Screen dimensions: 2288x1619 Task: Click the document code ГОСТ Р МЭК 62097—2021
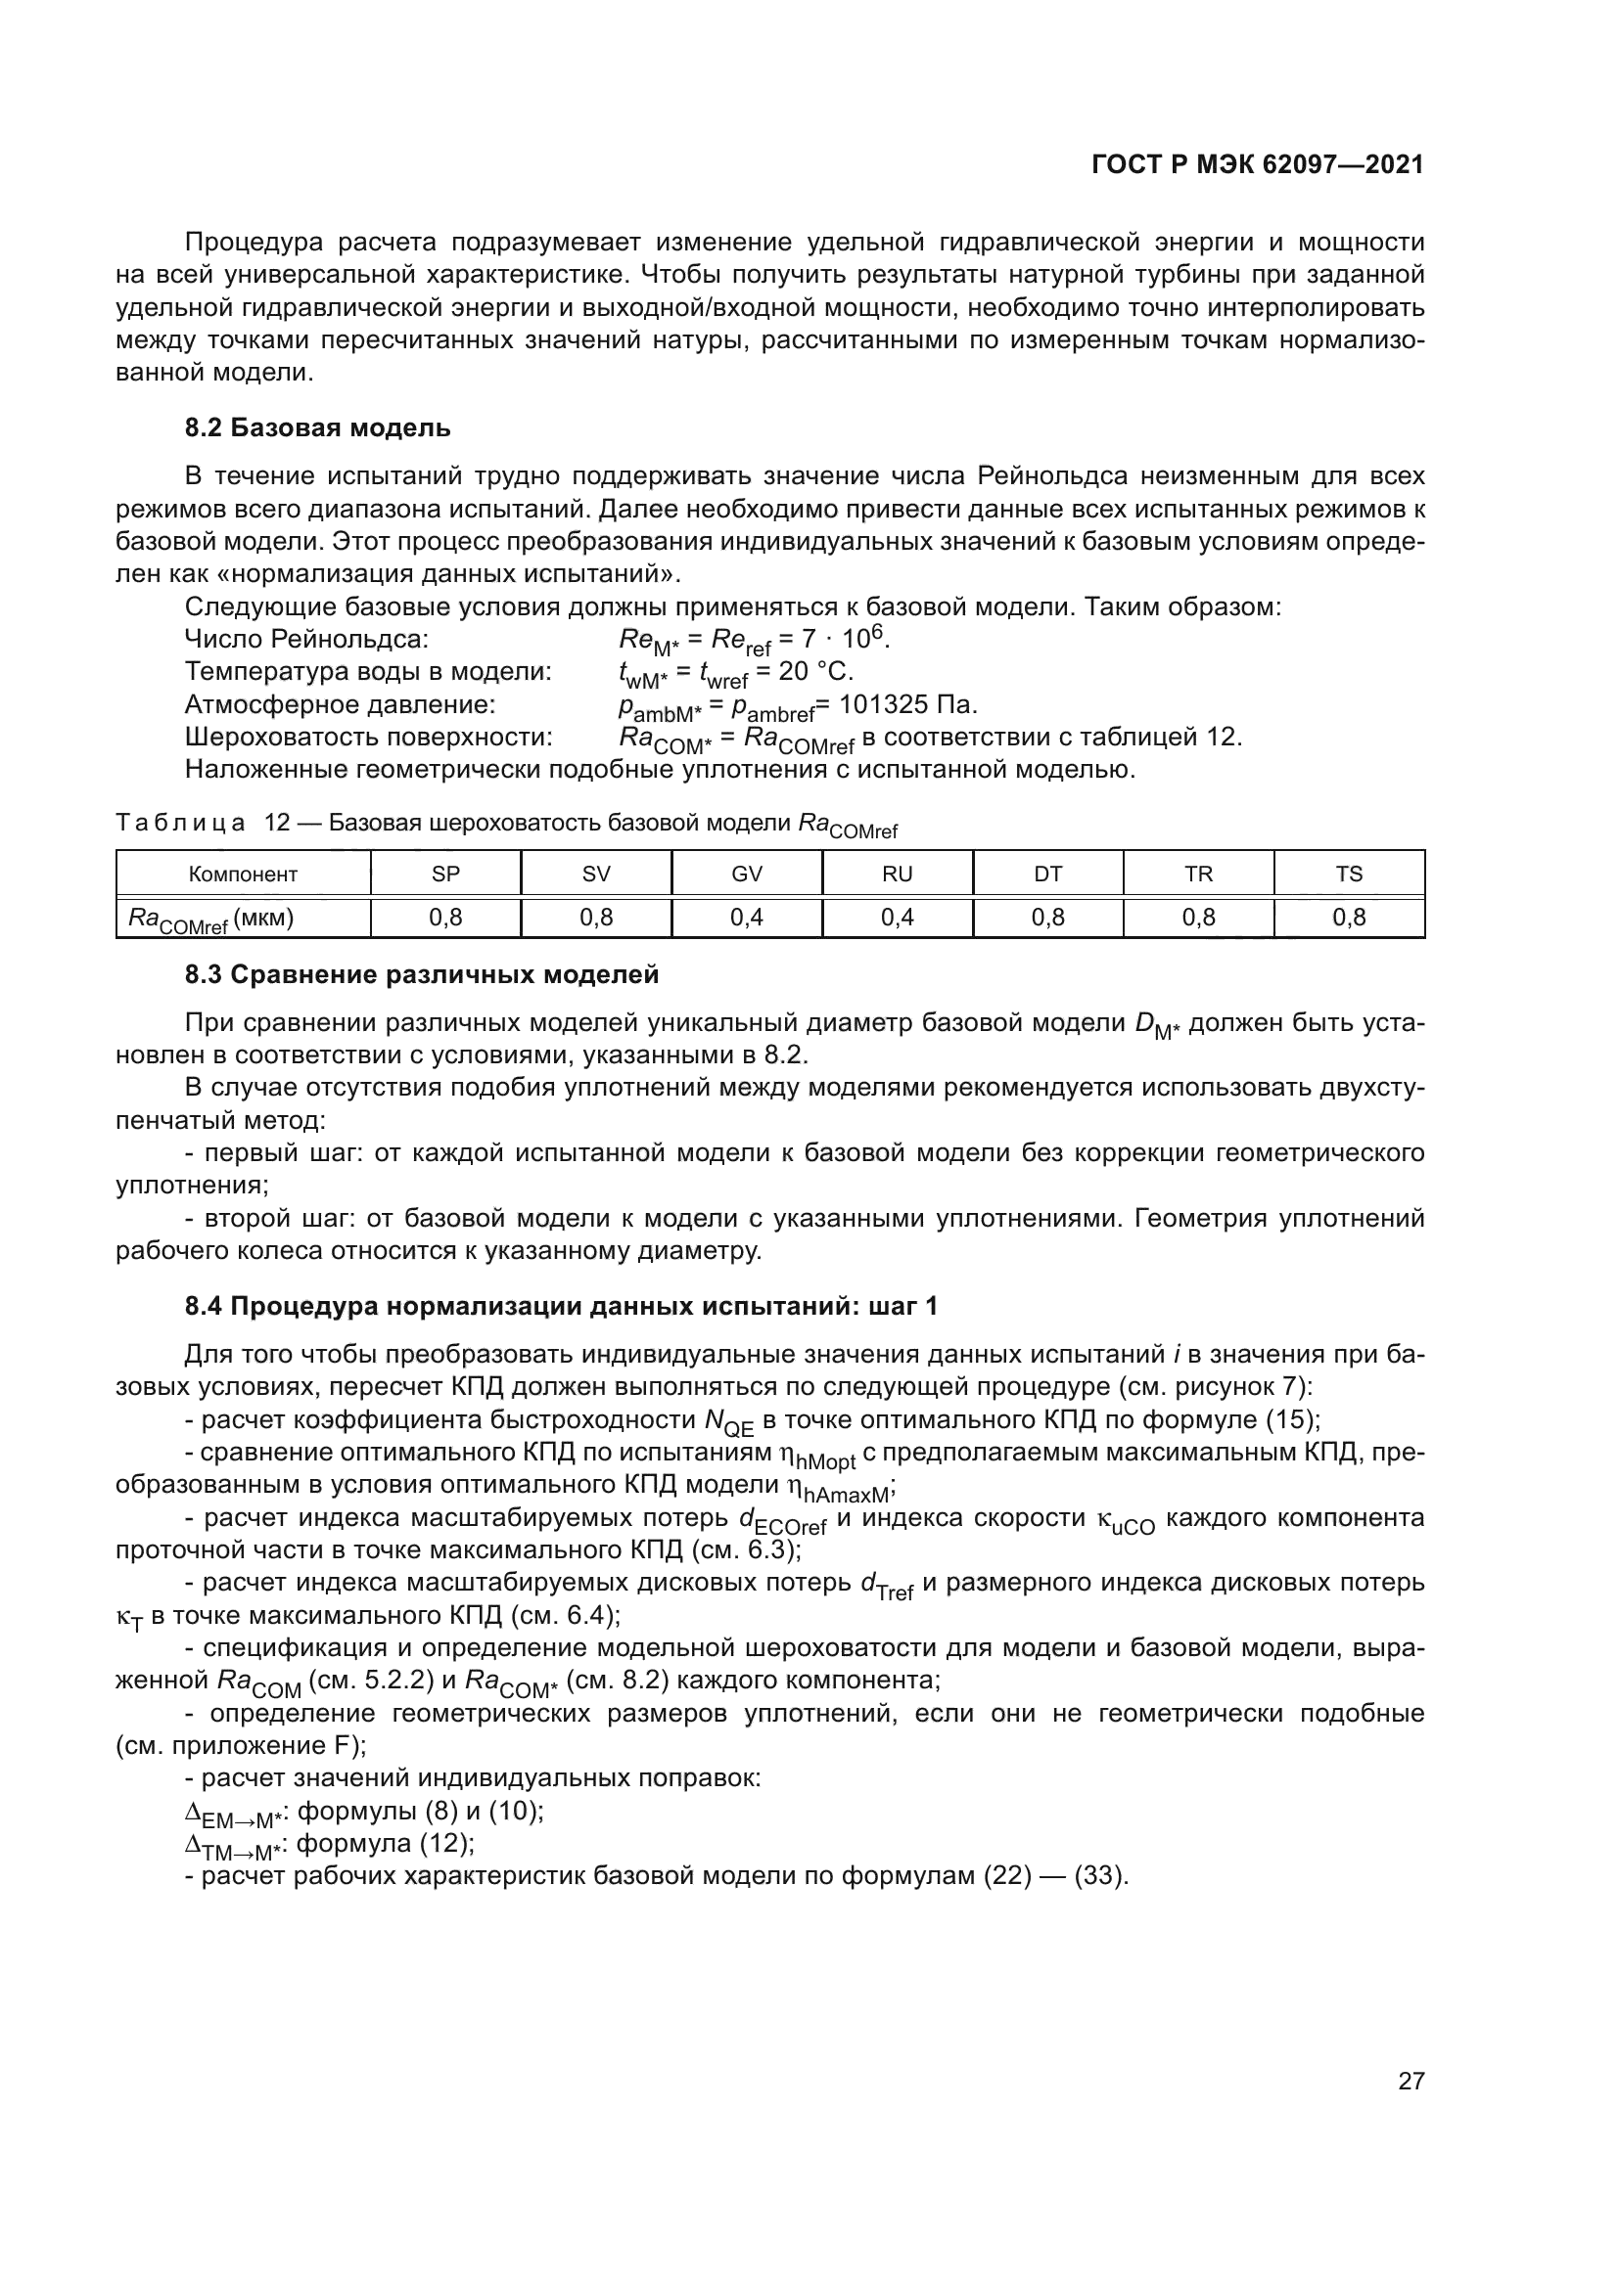[1257, 165]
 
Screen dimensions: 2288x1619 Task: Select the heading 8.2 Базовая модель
[317, 427]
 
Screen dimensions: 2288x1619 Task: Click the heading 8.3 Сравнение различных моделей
[422, 974]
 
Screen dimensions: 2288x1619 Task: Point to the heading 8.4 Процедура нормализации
[560, 1306]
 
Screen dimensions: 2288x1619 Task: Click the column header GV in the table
[747, 874]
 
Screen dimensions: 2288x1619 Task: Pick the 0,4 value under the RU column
[898, 918]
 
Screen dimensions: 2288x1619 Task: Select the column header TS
[1348, 874]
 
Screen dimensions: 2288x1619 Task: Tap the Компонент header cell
[244, 874]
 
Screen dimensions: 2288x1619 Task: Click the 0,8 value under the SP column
[445, 918]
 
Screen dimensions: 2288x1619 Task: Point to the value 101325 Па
[908, 705]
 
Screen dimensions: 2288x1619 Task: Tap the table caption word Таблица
[180, 823]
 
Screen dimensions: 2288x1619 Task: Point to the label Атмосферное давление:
[340, 705]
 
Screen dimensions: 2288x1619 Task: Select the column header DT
[1047, 874]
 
